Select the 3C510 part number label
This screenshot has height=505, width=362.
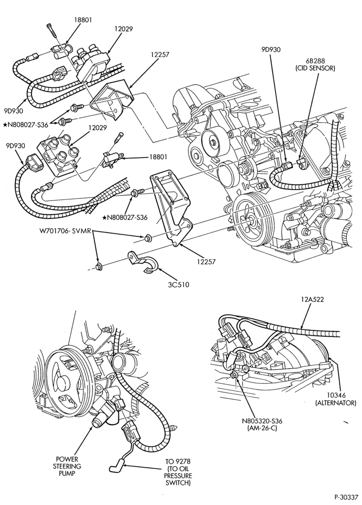click(178, 284)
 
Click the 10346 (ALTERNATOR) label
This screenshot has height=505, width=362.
click(336, 399)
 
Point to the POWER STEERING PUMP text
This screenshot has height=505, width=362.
click(67, 466)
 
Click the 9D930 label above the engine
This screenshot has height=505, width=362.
click(271, 49)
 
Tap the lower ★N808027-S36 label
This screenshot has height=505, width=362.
click(124, 217)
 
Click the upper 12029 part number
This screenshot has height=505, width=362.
click(123, 29)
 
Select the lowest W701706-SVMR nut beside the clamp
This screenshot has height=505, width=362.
click(100, 266)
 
